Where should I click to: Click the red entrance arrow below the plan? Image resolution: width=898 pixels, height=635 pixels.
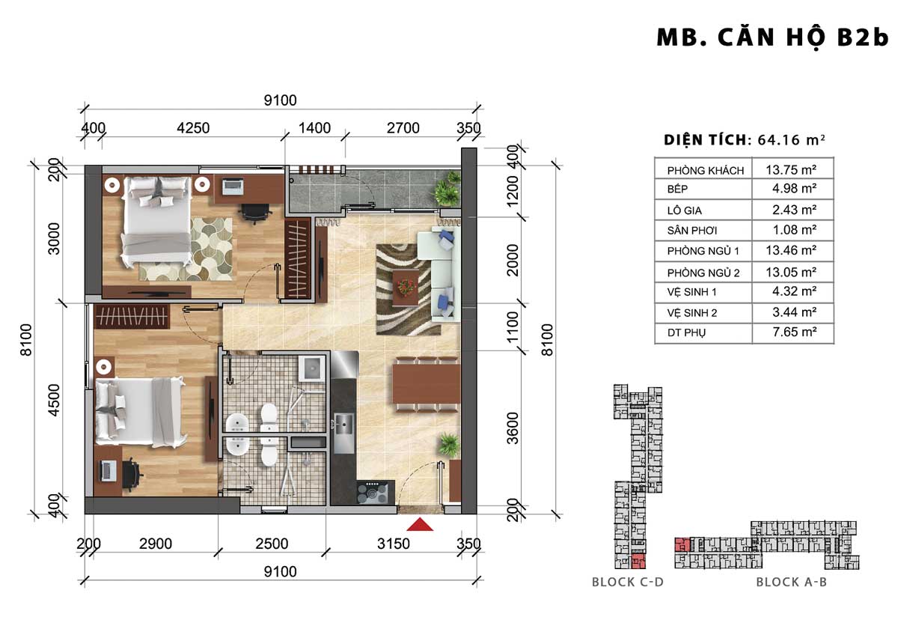click(420, 524)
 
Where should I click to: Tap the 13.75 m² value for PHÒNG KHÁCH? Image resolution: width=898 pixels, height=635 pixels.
click(790, 170)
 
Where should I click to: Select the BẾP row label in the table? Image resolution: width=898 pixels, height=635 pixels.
click(677, 189)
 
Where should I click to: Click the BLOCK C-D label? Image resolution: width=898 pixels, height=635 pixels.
click(628, 582)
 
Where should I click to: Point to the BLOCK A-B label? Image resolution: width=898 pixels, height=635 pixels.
click(792, 582)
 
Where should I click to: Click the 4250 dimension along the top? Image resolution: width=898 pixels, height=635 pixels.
click(193, 128)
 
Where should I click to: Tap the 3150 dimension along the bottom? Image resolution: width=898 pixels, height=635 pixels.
click(394, 544)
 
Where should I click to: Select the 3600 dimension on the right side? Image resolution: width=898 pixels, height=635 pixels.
click(513, 428)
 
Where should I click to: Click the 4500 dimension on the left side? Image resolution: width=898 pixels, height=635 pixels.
click(53, 400)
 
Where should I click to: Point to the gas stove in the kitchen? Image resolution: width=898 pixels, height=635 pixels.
click(373, 492)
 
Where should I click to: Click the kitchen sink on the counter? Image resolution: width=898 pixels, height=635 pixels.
click(344, 424)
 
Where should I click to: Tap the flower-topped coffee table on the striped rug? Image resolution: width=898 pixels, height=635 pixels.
click(406, 288)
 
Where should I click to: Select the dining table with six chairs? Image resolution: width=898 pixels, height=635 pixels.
click(426, 383)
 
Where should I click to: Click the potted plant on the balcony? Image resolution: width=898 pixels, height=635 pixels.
click(448, 189)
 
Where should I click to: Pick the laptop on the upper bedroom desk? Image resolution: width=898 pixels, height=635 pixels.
click(233, 187)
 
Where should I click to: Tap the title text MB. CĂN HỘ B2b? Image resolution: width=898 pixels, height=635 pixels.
click(772, 38)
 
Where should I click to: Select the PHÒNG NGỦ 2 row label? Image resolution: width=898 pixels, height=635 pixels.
click(703, 273)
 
